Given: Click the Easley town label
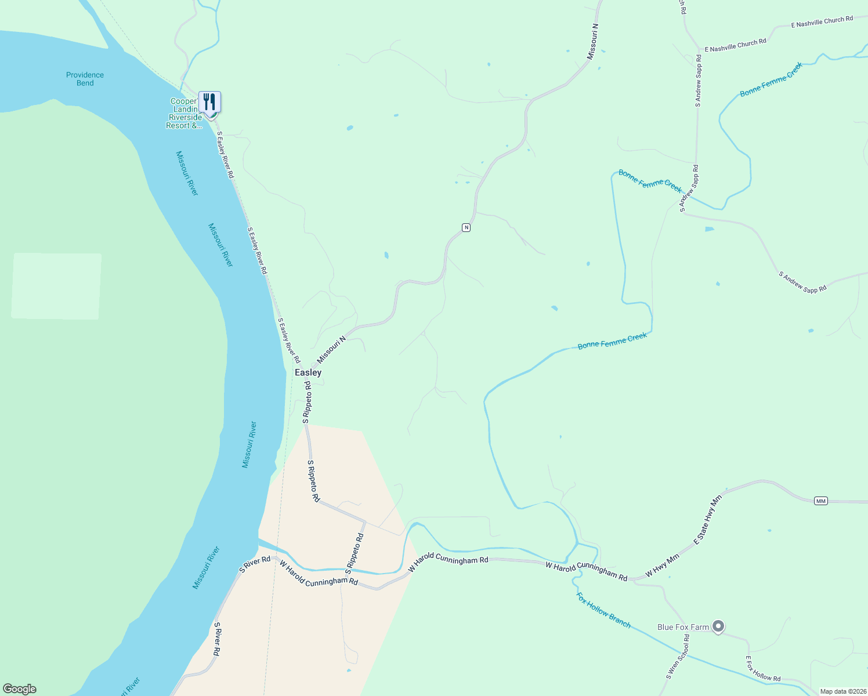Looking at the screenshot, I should (x=308, y=372).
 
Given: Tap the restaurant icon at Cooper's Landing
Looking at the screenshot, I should (x=209, y=102).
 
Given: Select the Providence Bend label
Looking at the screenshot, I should (x=85, y=79).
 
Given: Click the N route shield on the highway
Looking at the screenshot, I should (x=466, y=227).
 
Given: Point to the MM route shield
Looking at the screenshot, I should (x=820, y=501).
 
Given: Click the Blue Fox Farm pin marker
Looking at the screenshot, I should (x=718, y=626).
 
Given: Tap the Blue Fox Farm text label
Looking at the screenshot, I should (x=683, y=627).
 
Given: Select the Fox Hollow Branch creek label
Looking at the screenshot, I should (x=603, y=610).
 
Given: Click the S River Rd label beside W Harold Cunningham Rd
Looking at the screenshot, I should (x=255, y=564).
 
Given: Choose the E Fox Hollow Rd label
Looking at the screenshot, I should (x=762, y=669).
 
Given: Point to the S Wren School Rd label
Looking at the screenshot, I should (x=678, y=657).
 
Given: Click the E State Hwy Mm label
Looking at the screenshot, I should (x=708, y=519).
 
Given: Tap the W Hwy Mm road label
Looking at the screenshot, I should (x=662, y=565).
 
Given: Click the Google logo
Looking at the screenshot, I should (x=19, y=689).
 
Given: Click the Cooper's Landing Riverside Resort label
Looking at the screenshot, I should (x=185, y=114).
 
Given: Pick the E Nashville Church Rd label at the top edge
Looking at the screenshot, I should (x=822, y=22).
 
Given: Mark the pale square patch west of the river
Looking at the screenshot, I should (x=56, y=286).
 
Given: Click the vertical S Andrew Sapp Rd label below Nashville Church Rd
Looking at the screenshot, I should (x=699, y=81).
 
